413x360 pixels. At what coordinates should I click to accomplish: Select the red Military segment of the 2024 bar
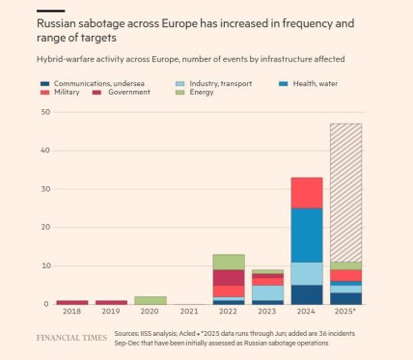pos(307,192)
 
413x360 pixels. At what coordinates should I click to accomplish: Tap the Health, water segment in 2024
pos(307,235)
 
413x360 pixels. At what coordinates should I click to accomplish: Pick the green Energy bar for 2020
pos(151,300)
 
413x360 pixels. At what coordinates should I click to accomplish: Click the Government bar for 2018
pos(72,302)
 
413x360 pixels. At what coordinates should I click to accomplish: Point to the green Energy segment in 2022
pos(229,262)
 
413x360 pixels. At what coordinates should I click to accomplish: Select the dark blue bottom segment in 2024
pos(307,294)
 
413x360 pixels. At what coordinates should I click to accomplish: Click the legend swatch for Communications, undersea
pos(43,84)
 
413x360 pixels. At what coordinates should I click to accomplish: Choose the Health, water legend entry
pos(313,84)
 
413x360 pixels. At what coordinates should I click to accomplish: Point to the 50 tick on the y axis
pos(44,112)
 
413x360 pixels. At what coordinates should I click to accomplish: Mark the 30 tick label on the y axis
pos(44,189)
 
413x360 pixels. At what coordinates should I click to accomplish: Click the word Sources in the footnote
pos(127,333)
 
